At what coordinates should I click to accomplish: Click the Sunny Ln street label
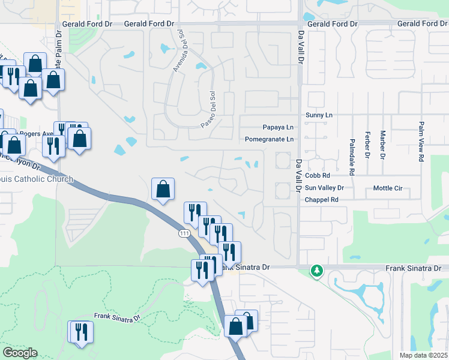click(318, 115)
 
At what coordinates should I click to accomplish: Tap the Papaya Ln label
click(279, 127)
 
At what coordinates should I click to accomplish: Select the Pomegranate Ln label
click(270, 139)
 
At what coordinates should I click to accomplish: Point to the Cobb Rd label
click(318, 176)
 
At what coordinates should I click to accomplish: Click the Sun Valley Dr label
click(324, 188)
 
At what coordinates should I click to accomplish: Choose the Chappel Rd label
click(322, 200)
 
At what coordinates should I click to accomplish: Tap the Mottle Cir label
click(387, 188)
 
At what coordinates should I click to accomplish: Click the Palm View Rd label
click(421, 142)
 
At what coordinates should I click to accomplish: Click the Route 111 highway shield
click(184, 233)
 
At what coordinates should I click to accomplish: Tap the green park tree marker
click(316, 272)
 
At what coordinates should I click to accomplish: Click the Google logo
click(20, 353)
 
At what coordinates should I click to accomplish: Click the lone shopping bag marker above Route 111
click(163, 190)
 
